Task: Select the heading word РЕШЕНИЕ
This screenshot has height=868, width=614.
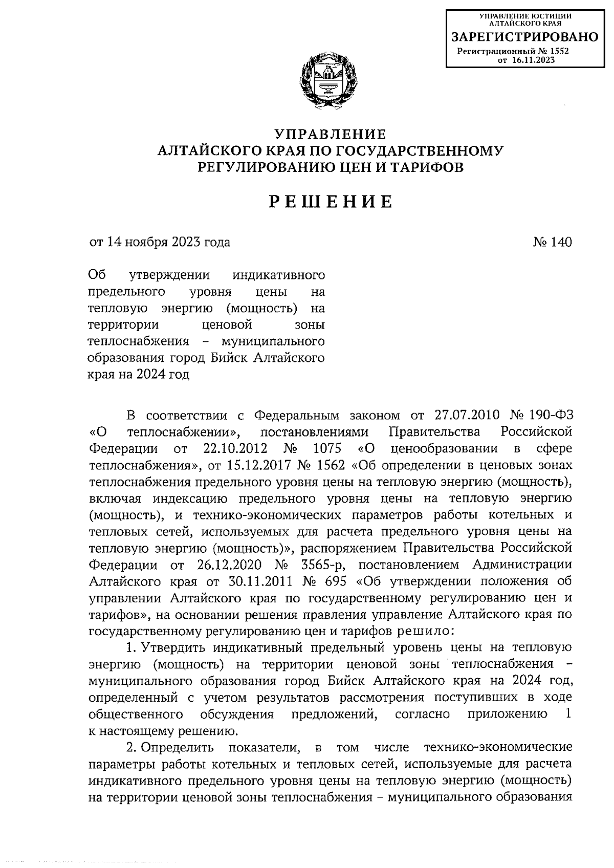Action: coord(331,202)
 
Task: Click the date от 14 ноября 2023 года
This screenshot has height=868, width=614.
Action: coord(160,242)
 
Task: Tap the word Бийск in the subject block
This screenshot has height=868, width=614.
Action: coord(229,358)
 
